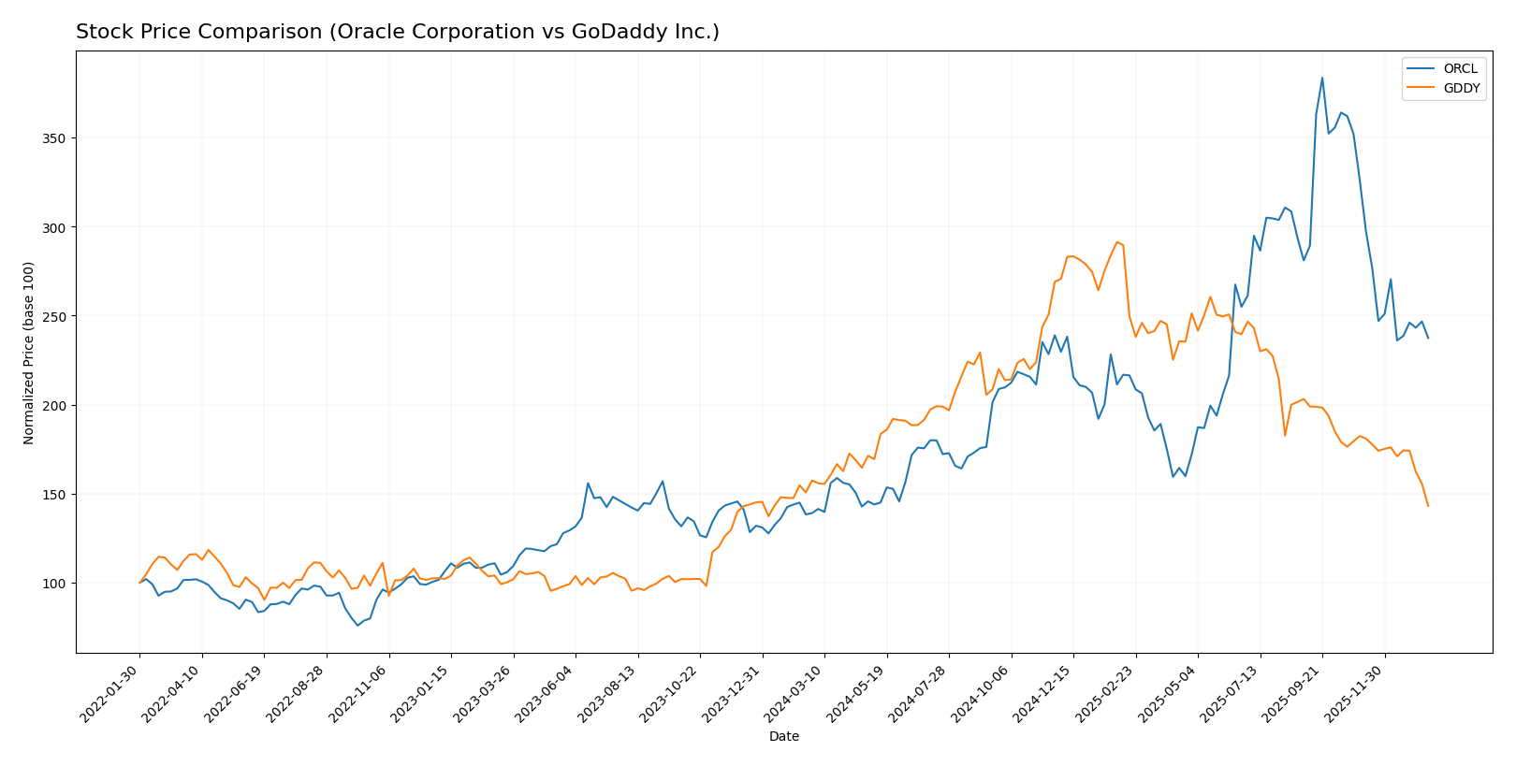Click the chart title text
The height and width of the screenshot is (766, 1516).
[x=397, y=32]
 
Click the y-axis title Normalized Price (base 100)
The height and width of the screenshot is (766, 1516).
[x=29, y=353]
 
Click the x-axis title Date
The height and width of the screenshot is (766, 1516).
[x=783, y=737]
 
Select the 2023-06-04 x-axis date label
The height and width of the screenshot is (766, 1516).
[x=547, y=693]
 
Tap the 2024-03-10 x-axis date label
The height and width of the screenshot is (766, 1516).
[x=796, y=693]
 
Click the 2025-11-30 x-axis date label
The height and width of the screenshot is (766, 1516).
[x=1357, y=693]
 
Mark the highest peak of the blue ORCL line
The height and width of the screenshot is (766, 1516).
[x=1322, y=78]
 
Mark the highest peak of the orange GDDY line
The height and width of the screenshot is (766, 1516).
[x=1116, y=241]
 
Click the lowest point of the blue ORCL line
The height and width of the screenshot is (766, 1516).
[x=357, y=625]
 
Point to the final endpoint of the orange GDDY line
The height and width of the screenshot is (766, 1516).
[x=1428, y=506]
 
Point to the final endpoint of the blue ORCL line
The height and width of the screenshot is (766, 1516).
[x=1428, y=338]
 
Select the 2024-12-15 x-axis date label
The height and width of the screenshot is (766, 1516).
[x=1045, y=693]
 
